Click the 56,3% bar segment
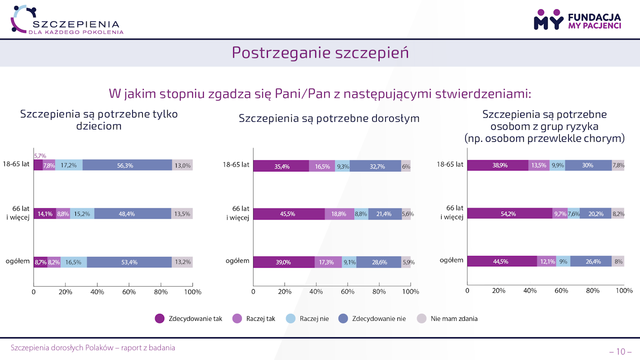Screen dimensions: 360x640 coord(127,165)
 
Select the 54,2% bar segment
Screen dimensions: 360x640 coord(510,214)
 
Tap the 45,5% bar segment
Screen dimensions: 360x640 coord(289,214)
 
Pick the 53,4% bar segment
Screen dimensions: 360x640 coord(129,262)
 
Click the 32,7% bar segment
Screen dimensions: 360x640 coord(375,166)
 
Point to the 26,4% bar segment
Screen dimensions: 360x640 coord(590,261)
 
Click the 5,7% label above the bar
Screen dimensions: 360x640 coord(40,156)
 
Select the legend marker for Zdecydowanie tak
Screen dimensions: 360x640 coord(160,318)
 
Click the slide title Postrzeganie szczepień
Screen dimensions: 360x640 coord(320,53)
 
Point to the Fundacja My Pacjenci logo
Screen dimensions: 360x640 coord(577,20)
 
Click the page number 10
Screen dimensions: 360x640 coord(620,351)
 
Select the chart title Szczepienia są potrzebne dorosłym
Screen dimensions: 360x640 coord(329,119)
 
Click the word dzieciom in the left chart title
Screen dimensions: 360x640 coord(99,126)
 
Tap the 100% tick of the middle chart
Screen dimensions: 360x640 coord(410,292)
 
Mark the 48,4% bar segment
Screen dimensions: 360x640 coord(132,214)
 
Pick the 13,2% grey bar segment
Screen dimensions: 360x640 coord(182,262)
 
